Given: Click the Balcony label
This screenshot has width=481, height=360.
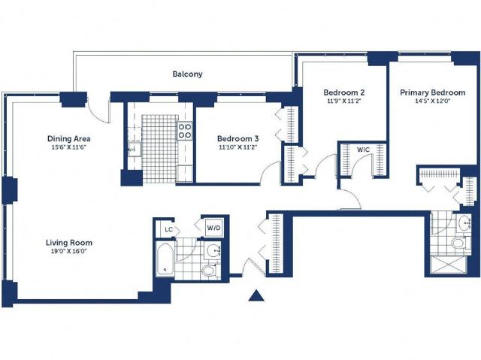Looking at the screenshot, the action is (187, 74).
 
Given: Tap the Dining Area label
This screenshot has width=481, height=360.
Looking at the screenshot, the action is (68, 138).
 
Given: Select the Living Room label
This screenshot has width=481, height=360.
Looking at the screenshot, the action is (69, 243).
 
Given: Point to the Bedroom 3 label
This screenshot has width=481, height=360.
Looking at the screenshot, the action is (238, 138).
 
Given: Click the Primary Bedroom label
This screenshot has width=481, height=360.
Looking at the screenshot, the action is (433, 92).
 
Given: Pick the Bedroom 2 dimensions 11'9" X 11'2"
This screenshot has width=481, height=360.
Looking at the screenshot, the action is (344, 101).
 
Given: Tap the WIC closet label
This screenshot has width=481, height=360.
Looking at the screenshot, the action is (364, 150).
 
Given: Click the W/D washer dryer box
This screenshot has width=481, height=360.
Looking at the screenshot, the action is (213, 228).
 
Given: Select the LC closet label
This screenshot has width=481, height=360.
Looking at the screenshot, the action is (168, 229).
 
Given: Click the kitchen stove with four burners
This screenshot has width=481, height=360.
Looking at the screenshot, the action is (185, 131).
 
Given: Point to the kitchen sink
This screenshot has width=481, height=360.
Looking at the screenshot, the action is (135, 150).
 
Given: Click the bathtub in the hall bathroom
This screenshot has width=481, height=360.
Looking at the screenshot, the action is (165, 259).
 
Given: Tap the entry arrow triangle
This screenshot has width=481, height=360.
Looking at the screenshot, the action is (256, 295).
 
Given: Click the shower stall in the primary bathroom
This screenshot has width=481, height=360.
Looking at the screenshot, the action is (449, 265).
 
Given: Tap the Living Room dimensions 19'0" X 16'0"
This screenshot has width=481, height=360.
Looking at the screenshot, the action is (68, 252).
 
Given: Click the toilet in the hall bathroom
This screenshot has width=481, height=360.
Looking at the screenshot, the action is (210, 271).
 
